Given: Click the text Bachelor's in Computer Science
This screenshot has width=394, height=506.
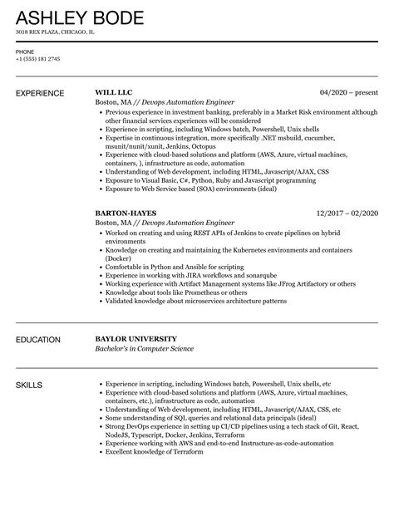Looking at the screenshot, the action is click(x=144, y=349).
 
